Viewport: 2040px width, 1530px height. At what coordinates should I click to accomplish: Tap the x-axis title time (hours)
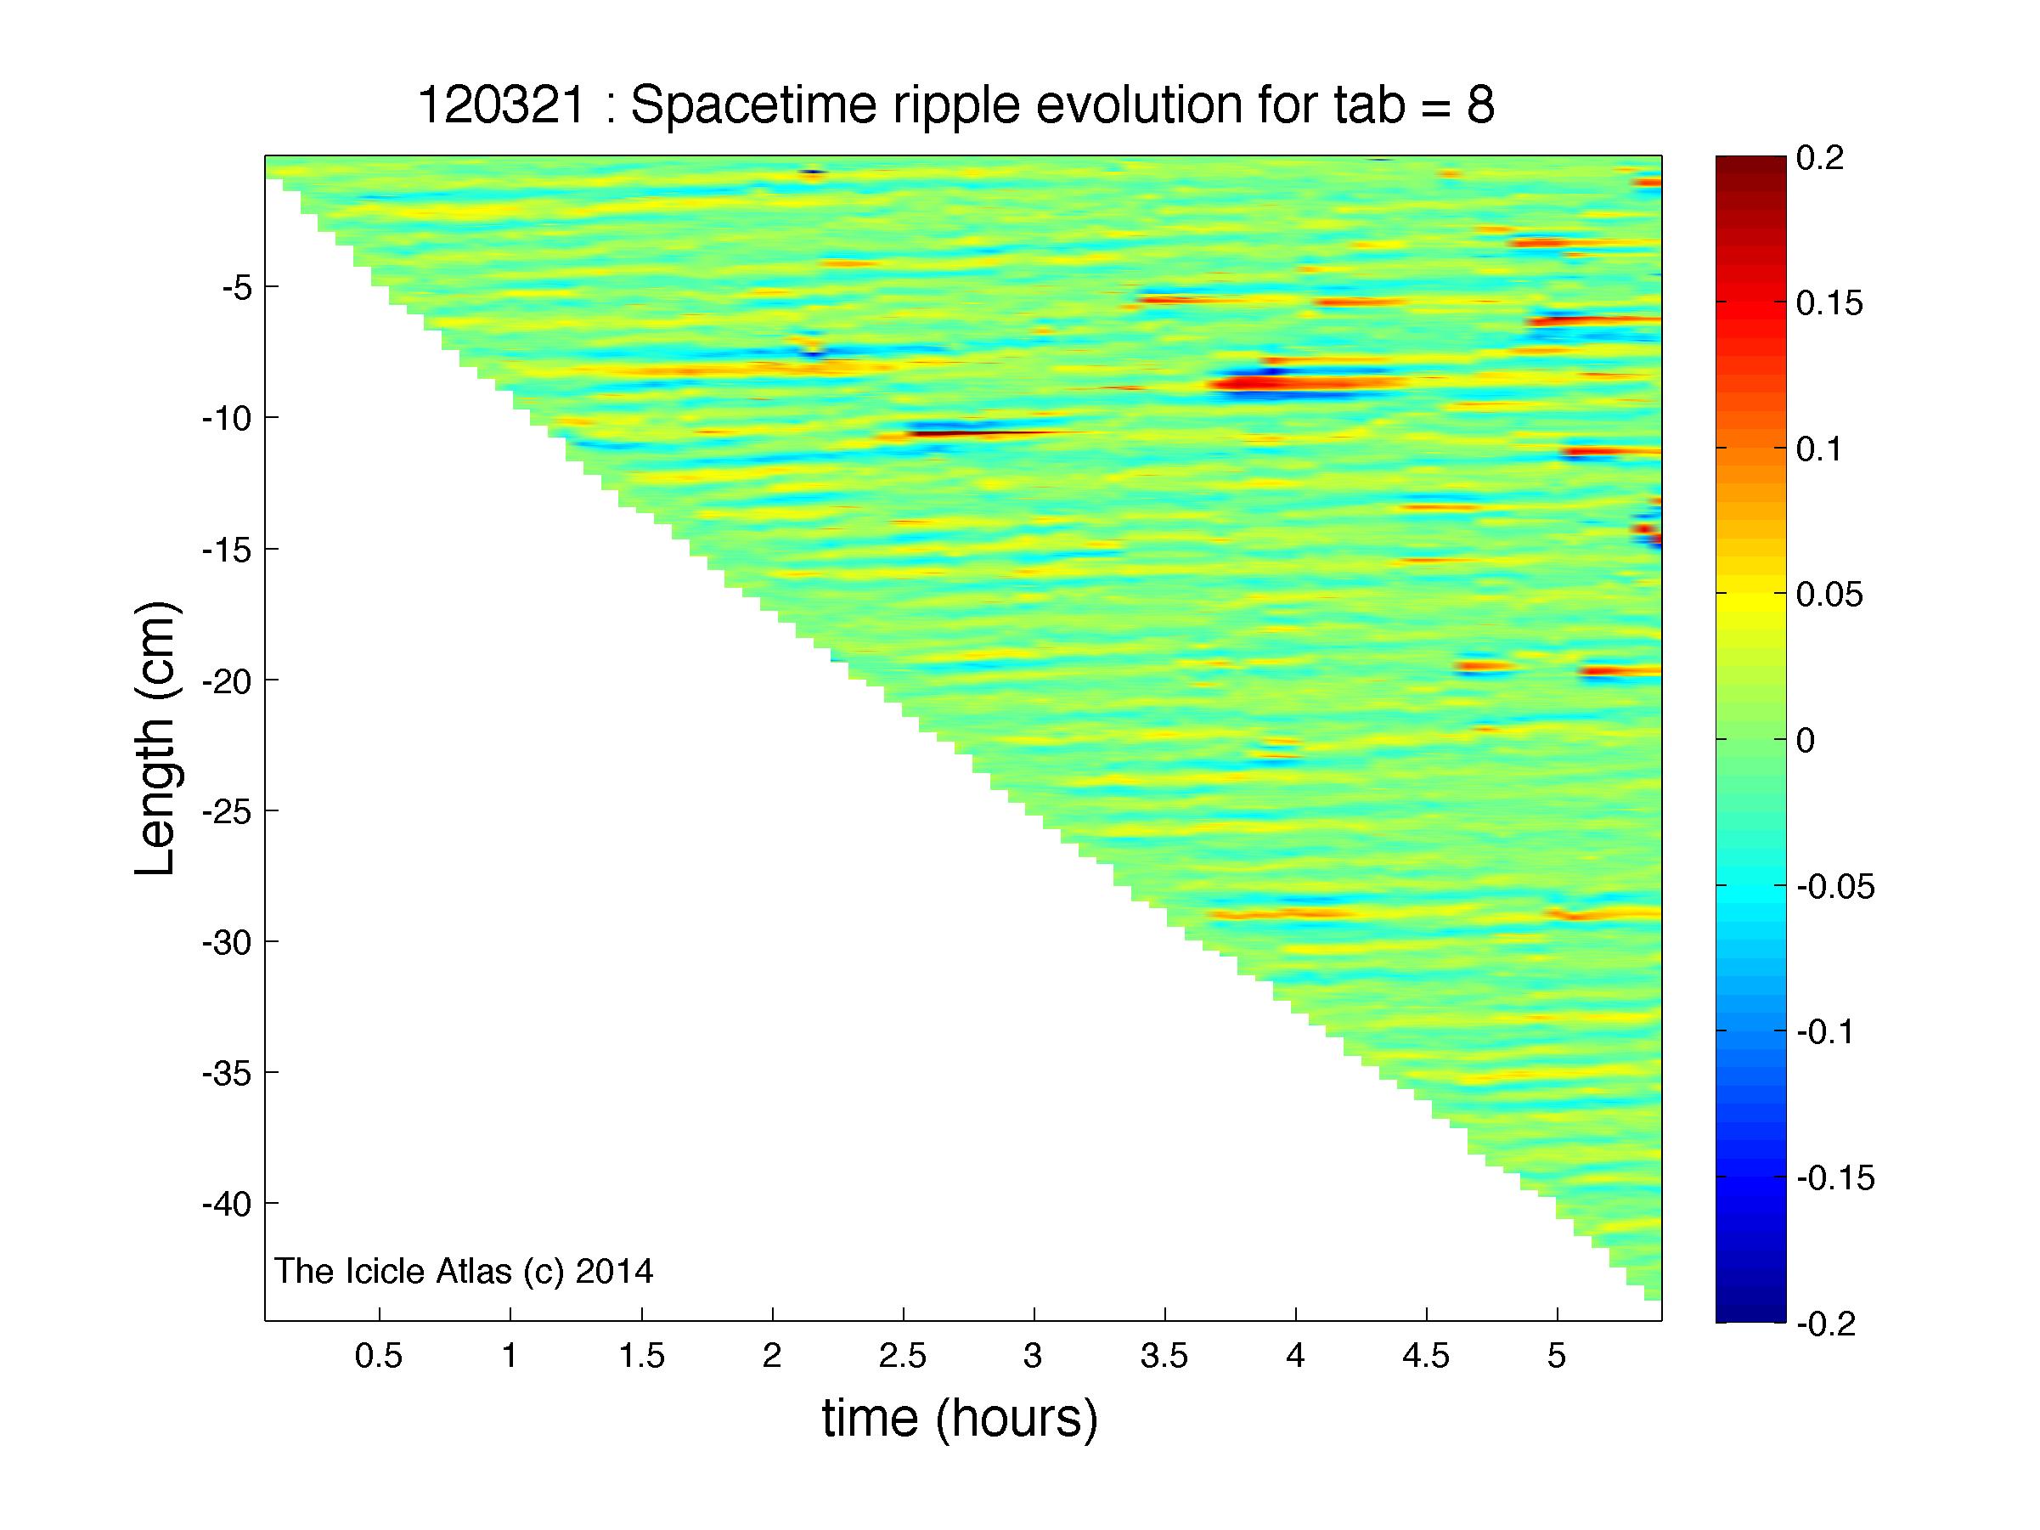point(960,1418)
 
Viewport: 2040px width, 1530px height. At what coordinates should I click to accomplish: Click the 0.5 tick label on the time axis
point(379,1356)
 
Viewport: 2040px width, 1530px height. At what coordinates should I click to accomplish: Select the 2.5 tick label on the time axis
point(903,1356)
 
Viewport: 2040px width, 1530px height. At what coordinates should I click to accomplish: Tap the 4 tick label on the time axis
point(1296,1356)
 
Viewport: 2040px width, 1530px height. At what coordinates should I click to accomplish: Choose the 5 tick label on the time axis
point(1558,1356)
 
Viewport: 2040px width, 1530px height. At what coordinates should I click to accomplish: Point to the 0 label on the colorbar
point(1806,741)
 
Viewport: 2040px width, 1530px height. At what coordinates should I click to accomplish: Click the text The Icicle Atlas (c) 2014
point(464,1272)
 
